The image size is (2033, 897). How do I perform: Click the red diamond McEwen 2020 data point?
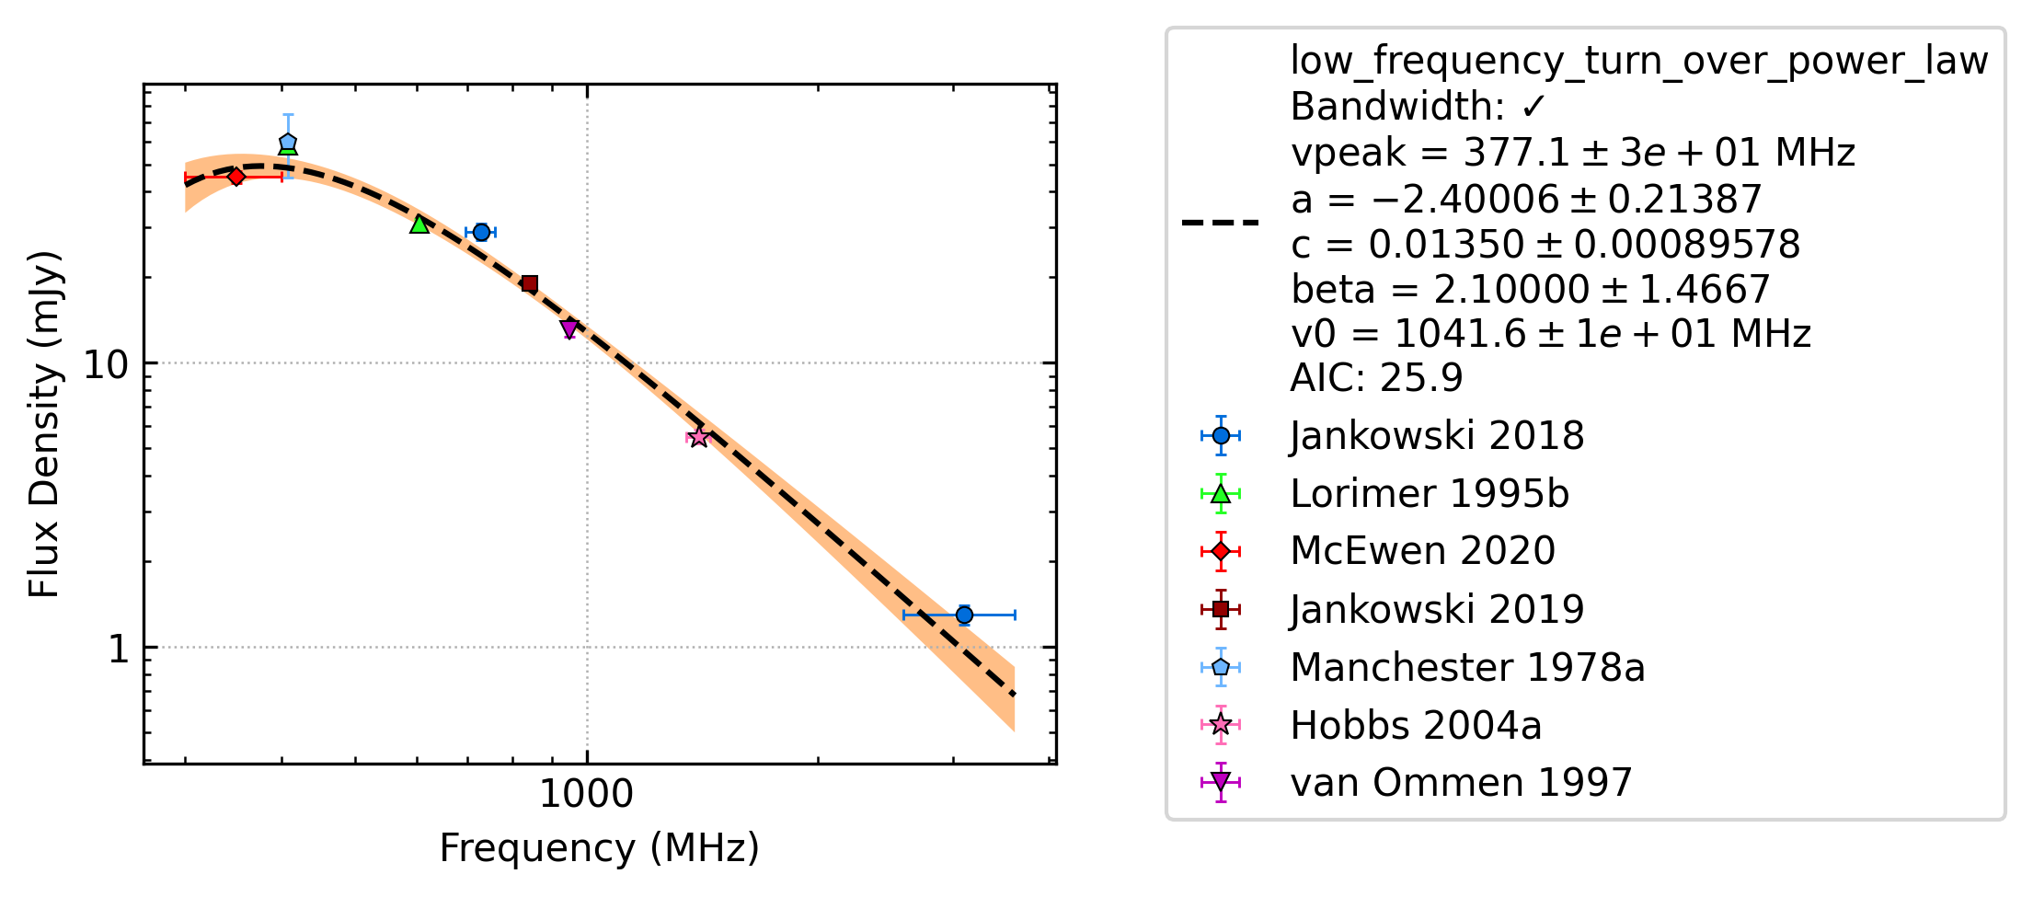click(236, 177)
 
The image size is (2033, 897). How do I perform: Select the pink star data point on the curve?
click(699, 437)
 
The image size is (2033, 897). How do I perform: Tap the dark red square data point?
click(529, 284)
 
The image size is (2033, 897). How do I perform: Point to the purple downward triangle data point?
click(569, 328)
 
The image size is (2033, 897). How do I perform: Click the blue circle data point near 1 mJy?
click(964, 615)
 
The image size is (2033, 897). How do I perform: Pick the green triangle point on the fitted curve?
click(419, 224)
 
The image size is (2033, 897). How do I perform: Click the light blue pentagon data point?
click(288, 143)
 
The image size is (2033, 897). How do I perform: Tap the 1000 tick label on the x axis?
click(586, 794)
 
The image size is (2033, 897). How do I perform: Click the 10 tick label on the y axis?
click(106, 365)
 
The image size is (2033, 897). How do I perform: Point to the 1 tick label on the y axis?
click(119, 650)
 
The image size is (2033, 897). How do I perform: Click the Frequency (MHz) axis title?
click(599, 848)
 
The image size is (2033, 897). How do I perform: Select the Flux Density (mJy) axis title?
click(44, 424)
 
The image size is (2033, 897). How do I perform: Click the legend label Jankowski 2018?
click(1437, 436)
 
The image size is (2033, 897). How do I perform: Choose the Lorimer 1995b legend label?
click(1430, 494)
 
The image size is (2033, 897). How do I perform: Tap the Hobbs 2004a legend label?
click(1416, 726)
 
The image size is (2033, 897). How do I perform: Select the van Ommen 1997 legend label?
click(1461, 783)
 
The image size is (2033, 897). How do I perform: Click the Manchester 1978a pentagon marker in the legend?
click(1221, 667)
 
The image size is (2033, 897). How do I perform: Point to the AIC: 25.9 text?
click(1376, 378)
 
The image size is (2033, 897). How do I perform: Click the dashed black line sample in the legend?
click(1221, 223)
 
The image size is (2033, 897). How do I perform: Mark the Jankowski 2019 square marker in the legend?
click(1221, 609)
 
